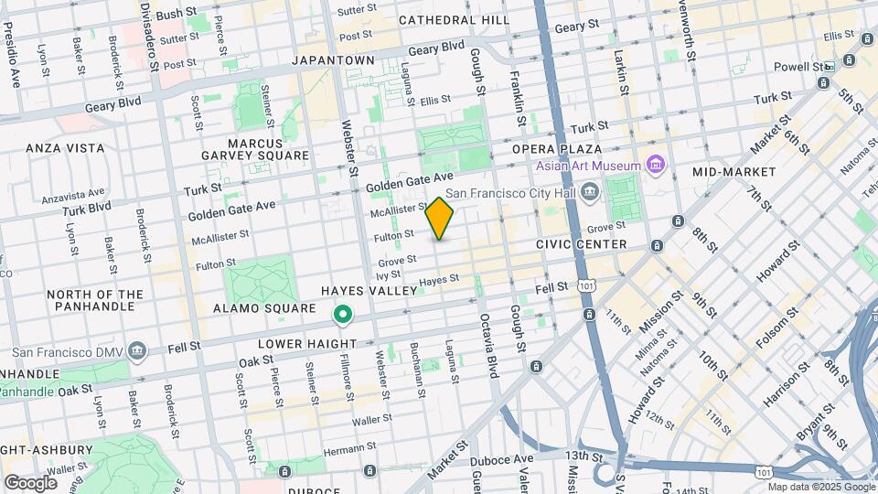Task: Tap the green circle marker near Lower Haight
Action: pyautogui.click(x=343, y=316)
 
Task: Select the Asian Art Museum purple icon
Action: pyautogui.click(x=655, y=165)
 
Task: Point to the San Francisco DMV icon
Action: pyautogui.click(x=137, y=350)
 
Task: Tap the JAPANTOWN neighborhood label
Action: pyautogui.click(x=333, y=59)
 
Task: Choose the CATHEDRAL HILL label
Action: pyautogui.click(x=455, y=19)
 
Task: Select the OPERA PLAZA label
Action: pyautogui.click(x=556, y=149)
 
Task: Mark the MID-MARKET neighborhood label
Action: pyautogui.click(x=733, y=171)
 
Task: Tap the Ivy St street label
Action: pyautogui.click(x=389, y=274)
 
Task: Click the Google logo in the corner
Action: pyautogui.click(x=30, y=482)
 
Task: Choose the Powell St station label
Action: pyautogui.click(x=798, y=67)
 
